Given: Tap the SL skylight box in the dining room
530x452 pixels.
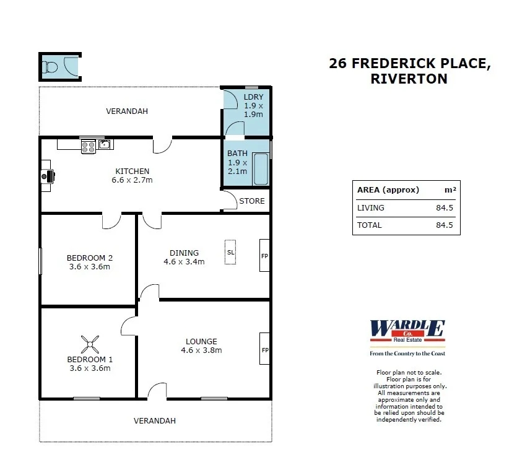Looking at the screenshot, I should point(230,252).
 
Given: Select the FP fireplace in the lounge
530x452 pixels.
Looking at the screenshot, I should point(264,349).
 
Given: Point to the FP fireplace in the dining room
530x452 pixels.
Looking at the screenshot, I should point(264,255).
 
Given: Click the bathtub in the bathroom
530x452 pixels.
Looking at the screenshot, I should point(261,169).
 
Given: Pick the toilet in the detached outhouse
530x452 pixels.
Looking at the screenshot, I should point(50,66).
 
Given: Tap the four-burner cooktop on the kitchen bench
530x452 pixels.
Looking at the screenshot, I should point(88,146).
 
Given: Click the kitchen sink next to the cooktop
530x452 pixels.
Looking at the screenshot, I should point(105,145).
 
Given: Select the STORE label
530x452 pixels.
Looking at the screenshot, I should point(251,201).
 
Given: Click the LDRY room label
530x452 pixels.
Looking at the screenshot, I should point(253,97).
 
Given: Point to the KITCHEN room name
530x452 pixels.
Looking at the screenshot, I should point(132,172).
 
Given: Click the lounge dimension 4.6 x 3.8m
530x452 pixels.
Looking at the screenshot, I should point(201,350).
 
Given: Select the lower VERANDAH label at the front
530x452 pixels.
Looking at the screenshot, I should point(155,420).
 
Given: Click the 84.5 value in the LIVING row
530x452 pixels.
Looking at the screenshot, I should point(444,208).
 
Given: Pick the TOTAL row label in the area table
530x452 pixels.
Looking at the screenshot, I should point(370,225).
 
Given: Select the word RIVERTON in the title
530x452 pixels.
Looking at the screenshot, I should point(408,79).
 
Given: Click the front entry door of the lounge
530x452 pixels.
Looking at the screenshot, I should point(157,391).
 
